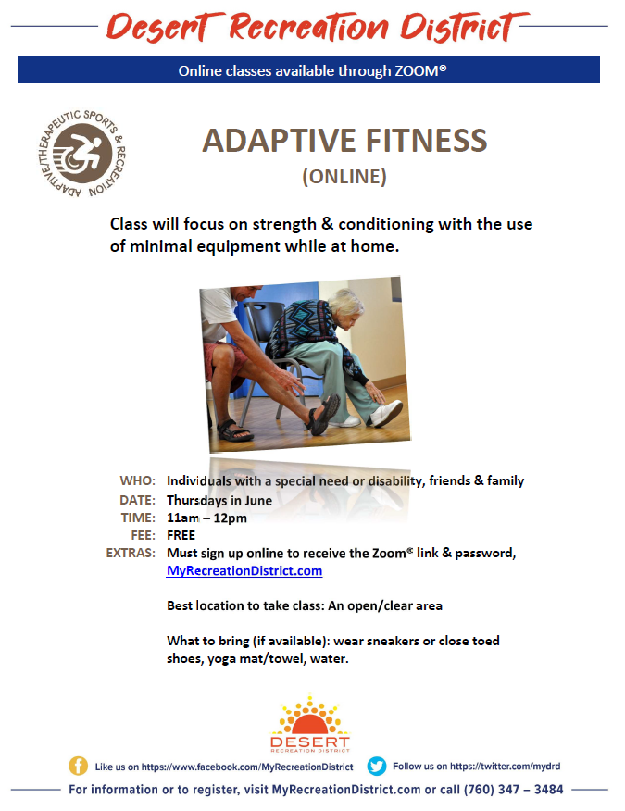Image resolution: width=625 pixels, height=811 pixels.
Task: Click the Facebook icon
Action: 78,766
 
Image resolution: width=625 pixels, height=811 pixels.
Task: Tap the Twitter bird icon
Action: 377,766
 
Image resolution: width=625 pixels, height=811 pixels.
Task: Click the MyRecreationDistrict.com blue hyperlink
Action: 244,570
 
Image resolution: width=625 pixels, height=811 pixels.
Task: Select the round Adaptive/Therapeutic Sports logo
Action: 81,153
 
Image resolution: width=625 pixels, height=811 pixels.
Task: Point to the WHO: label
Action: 138,480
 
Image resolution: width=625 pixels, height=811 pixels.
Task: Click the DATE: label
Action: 137,500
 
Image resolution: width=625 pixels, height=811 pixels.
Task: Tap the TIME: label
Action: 138,518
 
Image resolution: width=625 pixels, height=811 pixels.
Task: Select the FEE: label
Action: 144,535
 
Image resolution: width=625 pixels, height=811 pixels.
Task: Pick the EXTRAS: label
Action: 131,553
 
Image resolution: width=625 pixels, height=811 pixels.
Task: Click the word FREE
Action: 181,535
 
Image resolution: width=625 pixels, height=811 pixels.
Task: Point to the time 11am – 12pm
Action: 207,518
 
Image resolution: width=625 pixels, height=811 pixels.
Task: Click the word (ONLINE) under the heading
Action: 344,177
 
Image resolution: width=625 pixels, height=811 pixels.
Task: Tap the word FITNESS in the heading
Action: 426,141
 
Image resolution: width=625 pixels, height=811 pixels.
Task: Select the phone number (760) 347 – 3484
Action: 513,790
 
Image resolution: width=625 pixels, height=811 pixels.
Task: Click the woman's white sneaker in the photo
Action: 386,412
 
